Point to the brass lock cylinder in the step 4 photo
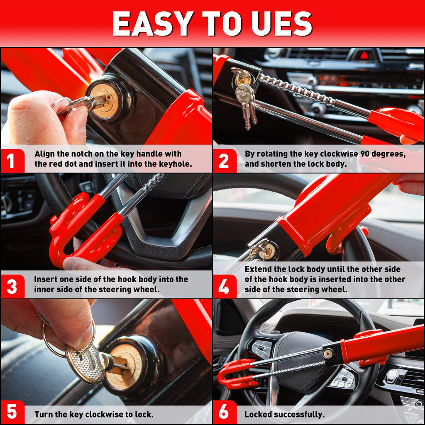point(270,250)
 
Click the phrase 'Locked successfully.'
point(284,414)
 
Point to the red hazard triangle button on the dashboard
point(364,55)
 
